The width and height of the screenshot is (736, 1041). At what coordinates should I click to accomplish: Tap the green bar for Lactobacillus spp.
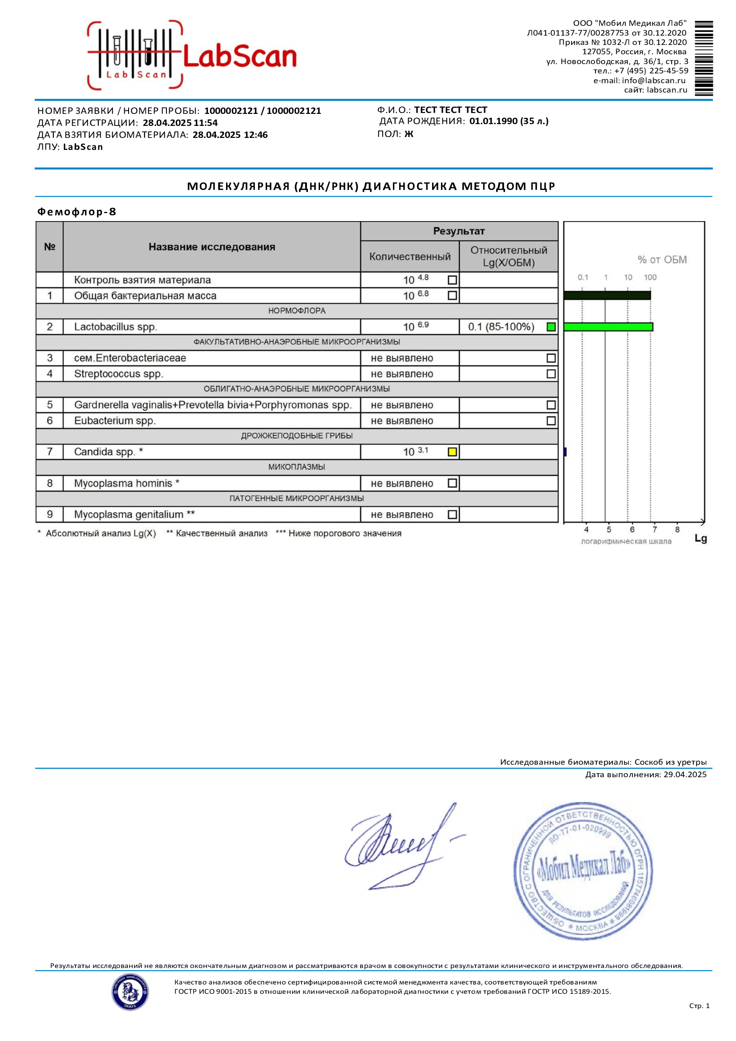608,327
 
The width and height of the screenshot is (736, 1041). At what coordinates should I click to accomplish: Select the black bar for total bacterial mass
607,295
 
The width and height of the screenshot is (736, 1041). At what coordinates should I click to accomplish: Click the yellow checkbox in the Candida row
452,452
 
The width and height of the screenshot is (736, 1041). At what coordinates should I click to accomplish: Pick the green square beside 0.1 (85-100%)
551,327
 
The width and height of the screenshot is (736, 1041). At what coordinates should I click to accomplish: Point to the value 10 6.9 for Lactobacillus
415,327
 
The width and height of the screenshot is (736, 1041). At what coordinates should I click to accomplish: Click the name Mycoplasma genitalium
129,514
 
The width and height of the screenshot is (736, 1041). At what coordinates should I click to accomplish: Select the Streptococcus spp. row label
118,374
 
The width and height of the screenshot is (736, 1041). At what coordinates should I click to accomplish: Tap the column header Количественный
409,257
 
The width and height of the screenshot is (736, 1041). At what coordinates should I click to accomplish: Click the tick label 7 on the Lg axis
655,529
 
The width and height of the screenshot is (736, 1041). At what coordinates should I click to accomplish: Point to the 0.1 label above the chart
583,277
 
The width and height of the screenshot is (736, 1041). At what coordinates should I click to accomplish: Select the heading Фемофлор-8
77,212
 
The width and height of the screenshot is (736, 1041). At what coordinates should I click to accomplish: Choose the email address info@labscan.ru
654,80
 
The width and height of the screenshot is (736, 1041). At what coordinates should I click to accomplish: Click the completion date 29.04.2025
685,775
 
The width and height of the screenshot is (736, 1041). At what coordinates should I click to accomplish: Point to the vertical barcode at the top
704,58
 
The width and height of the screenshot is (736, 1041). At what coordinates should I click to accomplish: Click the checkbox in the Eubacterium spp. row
551,421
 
